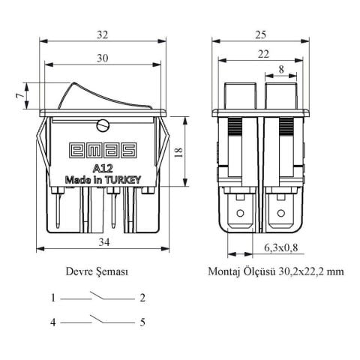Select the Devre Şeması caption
point(97,273)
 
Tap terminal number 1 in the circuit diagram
point(54,298)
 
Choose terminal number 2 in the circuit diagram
point(142,298)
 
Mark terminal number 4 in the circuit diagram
point(54,322)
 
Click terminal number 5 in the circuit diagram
point(142,322)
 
